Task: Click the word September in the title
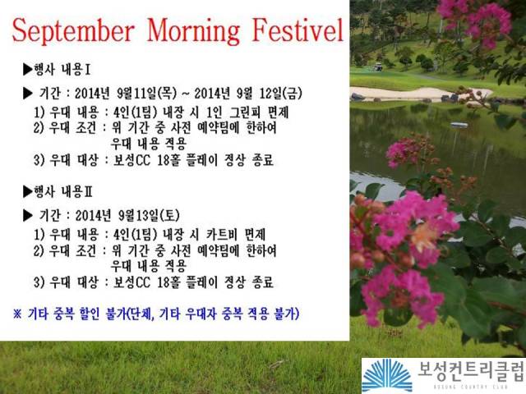point(73,31)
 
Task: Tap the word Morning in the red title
point(194,31)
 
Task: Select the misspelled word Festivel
point(298,30)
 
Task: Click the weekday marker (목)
point(167,93)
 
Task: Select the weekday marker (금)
point(293,93)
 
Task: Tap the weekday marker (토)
point(170,215)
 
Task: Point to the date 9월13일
point(139,215)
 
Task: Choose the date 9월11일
point(136,93)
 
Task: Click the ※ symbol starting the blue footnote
point(17,314)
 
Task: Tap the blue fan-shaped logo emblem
point(387,375)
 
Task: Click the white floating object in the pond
point(459,125)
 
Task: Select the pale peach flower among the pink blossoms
point(424,236)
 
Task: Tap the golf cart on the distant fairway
point(378,66)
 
